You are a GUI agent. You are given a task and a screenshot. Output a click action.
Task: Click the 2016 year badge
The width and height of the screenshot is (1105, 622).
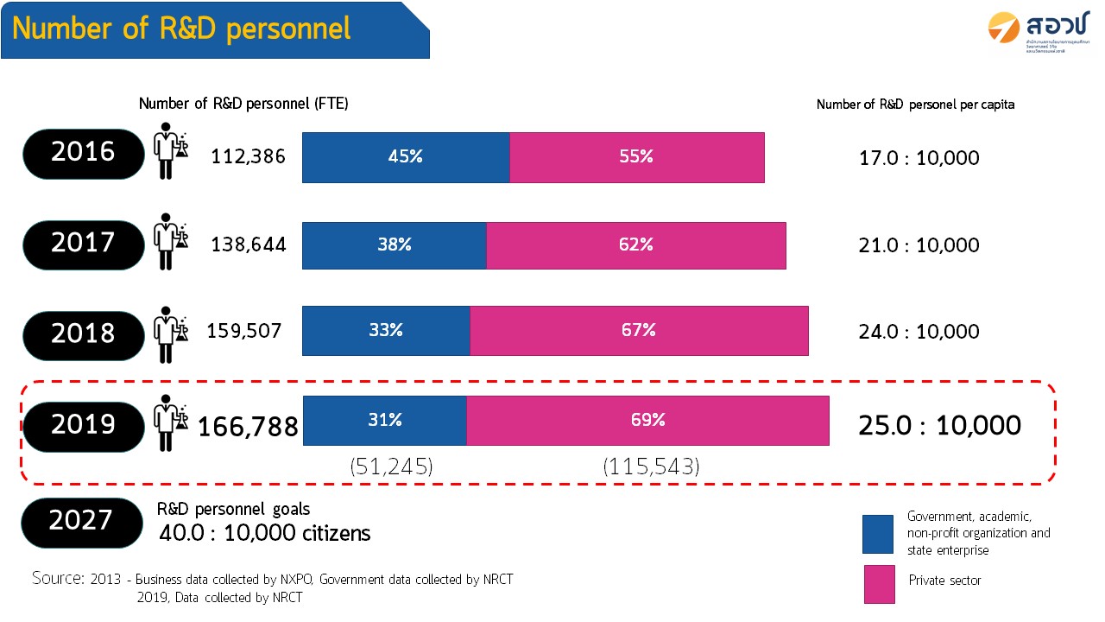pos(83,153)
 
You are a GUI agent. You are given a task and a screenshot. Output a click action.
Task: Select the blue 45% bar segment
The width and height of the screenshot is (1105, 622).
pos(406,157)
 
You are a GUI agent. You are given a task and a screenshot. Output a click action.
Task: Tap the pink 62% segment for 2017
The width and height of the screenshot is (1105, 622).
pos(636,244)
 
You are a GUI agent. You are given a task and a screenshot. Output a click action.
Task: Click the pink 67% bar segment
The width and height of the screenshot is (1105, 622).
pos(639,330)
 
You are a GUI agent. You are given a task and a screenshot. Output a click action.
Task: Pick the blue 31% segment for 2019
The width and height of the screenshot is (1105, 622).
pos(385,420)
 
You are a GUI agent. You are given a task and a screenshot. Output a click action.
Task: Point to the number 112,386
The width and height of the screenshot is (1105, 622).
pos(249,157)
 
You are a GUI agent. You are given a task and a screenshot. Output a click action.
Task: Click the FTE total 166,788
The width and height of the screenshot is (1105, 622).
pos(249,427)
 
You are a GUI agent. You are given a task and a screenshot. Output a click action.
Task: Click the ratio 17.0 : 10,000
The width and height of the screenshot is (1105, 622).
pos(919,158)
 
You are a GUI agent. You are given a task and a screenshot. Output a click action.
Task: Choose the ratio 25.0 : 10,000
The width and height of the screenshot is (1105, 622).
pos(939,425)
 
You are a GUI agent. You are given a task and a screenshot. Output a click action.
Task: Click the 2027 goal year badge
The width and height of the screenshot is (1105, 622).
pos(81,521)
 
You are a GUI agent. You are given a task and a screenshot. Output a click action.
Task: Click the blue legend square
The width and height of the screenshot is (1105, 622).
pos(878,534)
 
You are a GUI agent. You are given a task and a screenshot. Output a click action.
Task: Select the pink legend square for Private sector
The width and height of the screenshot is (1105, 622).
pos(878,584)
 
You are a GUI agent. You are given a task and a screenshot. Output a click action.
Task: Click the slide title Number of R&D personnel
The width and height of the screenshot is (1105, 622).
pos(182,29)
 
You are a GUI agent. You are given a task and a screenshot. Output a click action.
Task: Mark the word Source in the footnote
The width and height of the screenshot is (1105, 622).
pos(58,578)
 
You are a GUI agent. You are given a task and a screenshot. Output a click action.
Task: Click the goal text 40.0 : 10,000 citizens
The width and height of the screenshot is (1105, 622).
pos(265,533)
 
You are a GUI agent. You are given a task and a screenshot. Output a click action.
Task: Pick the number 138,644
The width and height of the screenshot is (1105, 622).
pos(249,245)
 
